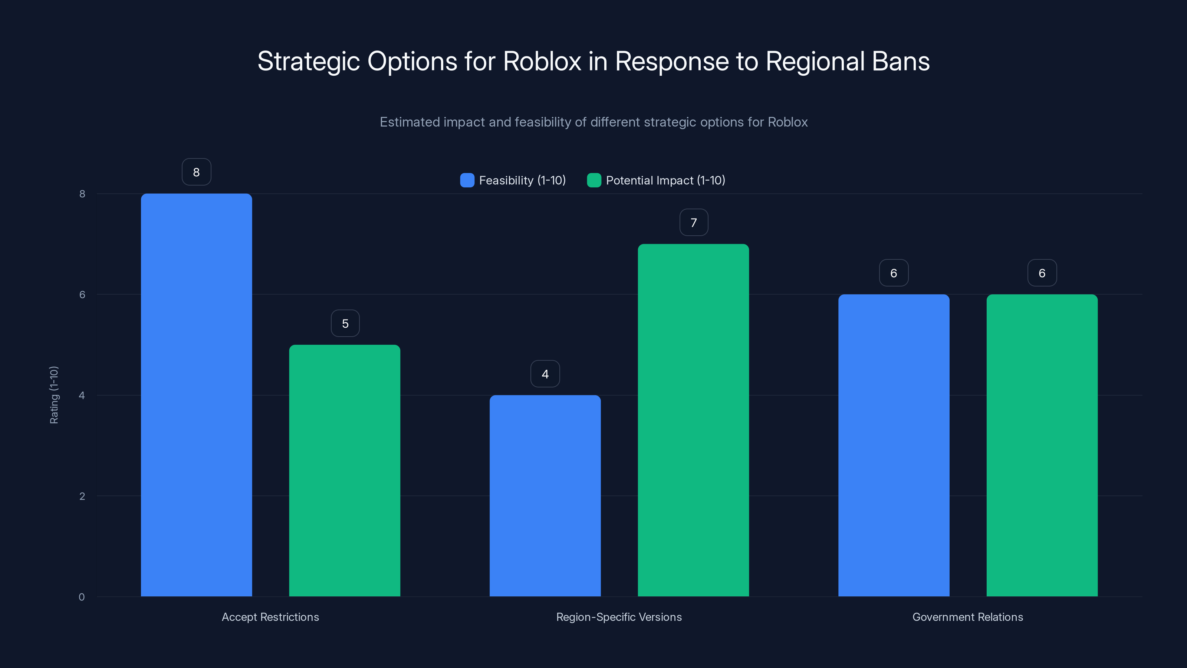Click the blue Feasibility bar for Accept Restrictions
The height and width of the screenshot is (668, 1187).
coord(196,394)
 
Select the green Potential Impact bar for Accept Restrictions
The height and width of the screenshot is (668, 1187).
coord(345,470)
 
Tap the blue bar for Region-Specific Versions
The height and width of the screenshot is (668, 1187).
coord(545,495)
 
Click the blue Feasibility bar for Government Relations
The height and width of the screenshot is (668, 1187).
coord(894,445)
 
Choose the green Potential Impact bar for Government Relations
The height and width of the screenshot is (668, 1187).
coord(1042,445)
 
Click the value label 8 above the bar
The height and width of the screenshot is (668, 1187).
coord(196,172)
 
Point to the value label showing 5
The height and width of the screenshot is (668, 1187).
coord(345,324)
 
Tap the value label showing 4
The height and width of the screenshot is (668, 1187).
coord(545,374)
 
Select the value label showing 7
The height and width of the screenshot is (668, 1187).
coord(694,223)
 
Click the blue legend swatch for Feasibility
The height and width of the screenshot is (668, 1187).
coord(467,180)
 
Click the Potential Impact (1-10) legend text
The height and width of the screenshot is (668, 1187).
coord(665,180)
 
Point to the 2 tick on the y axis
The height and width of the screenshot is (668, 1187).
coord(82,496)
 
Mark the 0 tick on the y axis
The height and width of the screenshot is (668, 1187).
coord(82,597)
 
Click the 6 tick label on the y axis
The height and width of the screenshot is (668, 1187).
coord(82,295)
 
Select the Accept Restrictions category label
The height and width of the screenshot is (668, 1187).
coord(270,617)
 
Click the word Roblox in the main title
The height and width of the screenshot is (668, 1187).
coord(542,61)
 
